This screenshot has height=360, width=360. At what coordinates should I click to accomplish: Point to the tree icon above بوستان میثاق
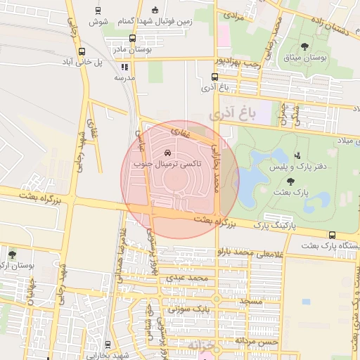pos(304,46)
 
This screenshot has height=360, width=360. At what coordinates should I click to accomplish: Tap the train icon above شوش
pos(96,11)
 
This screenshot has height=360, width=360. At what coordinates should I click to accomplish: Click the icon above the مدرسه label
pos(124,67)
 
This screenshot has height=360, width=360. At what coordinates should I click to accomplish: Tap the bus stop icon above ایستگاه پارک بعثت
pos(332,236)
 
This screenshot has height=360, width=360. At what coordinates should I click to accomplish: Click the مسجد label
pos(250,300)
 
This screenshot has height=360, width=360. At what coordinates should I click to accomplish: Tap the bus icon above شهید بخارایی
pos(108,345)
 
